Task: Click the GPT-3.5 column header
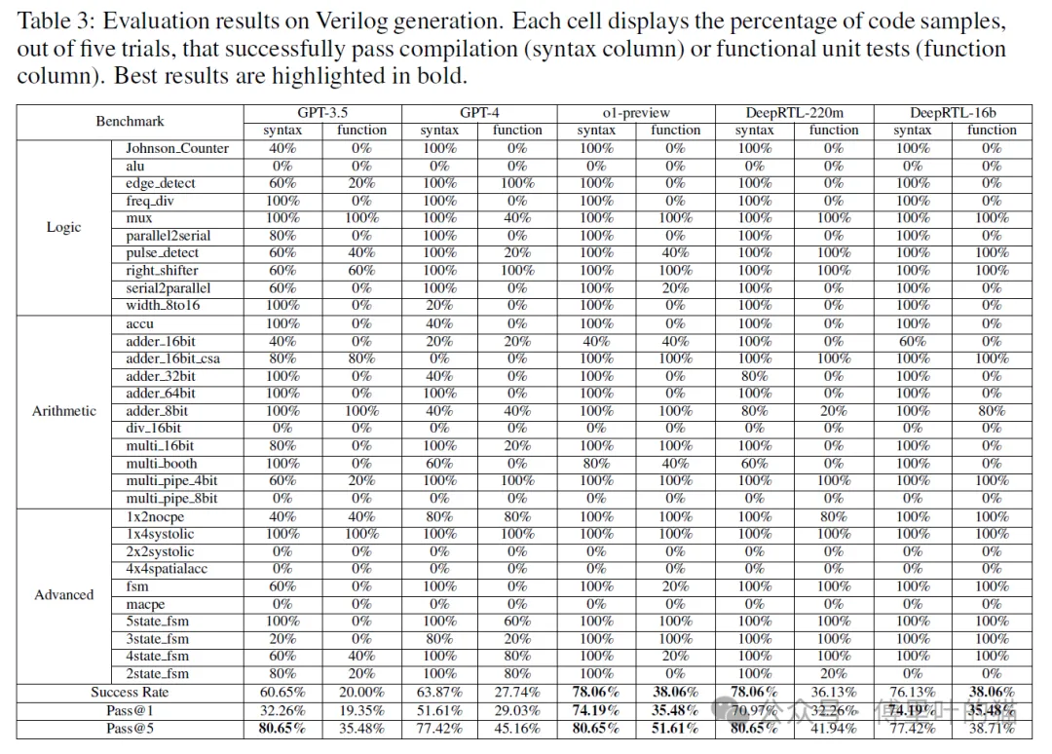321,113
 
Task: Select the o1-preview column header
636,113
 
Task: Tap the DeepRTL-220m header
794,113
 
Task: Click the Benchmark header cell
130,121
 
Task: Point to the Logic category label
64,227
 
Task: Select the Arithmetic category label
64,410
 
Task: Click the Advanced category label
64,594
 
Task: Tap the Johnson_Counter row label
177,148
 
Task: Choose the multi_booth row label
161,463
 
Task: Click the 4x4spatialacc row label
167,568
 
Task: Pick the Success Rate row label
130,692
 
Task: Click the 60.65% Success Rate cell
282,692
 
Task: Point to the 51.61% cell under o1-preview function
675,728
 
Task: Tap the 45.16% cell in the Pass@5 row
517,728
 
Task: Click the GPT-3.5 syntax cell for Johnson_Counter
282,148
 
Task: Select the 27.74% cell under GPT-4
517,692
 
